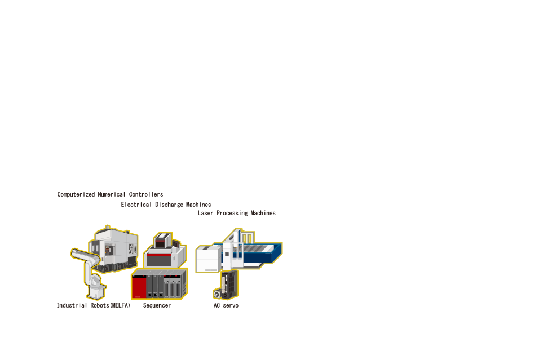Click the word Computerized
[76, 194]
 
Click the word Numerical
[111, 194]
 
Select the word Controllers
[146, 194]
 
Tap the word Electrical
[136, 205]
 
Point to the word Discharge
[169, 205]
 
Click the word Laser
[205, 213]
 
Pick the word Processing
[232, 214]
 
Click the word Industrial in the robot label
[72, 305]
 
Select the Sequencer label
[157, 306]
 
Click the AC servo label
[226, 305]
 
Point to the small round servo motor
[217, 294]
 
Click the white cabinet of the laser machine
[209, 259]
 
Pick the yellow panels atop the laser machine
[248, 238]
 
